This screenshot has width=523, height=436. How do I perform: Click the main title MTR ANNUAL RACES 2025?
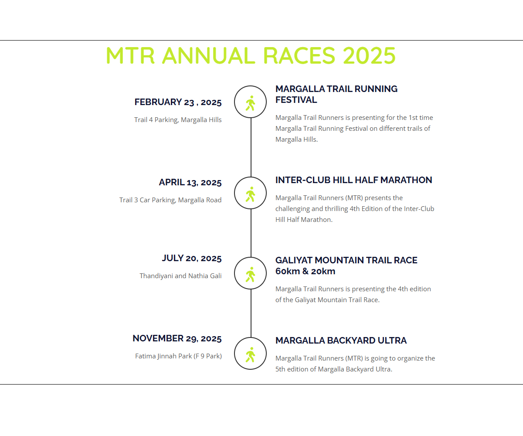coord(251,55)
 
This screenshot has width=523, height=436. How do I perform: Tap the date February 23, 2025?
coord(178,102)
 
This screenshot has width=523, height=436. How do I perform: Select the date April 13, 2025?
coord(190,182)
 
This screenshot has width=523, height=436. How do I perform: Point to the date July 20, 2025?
coord(192,259)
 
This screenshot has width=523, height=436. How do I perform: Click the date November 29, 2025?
coord(177,338)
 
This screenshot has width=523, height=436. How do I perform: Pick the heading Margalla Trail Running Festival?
coord(336,94)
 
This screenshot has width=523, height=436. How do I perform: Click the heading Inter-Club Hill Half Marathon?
coord(353,180)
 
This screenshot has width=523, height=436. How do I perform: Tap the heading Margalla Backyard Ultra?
coord(341,340)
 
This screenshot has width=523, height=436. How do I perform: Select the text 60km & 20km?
coord(305,271)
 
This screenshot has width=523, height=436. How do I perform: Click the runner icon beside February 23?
coord(250,103)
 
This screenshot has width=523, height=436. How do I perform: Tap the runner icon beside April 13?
coord(250,194)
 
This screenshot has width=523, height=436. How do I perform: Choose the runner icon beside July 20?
coord(250,274)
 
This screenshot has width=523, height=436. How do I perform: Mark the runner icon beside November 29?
coord(250,354)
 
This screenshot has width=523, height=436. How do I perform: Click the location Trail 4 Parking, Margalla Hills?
coord(178,120)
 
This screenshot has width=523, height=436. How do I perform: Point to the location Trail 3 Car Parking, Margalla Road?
coord(170,200)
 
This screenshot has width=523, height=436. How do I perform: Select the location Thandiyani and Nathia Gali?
coord(180,276)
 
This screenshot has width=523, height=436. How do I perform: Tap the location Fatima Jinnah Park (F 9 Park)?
coord(178,356)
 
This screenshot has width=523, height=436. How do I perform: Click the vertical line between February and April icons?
coord(251,147)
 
